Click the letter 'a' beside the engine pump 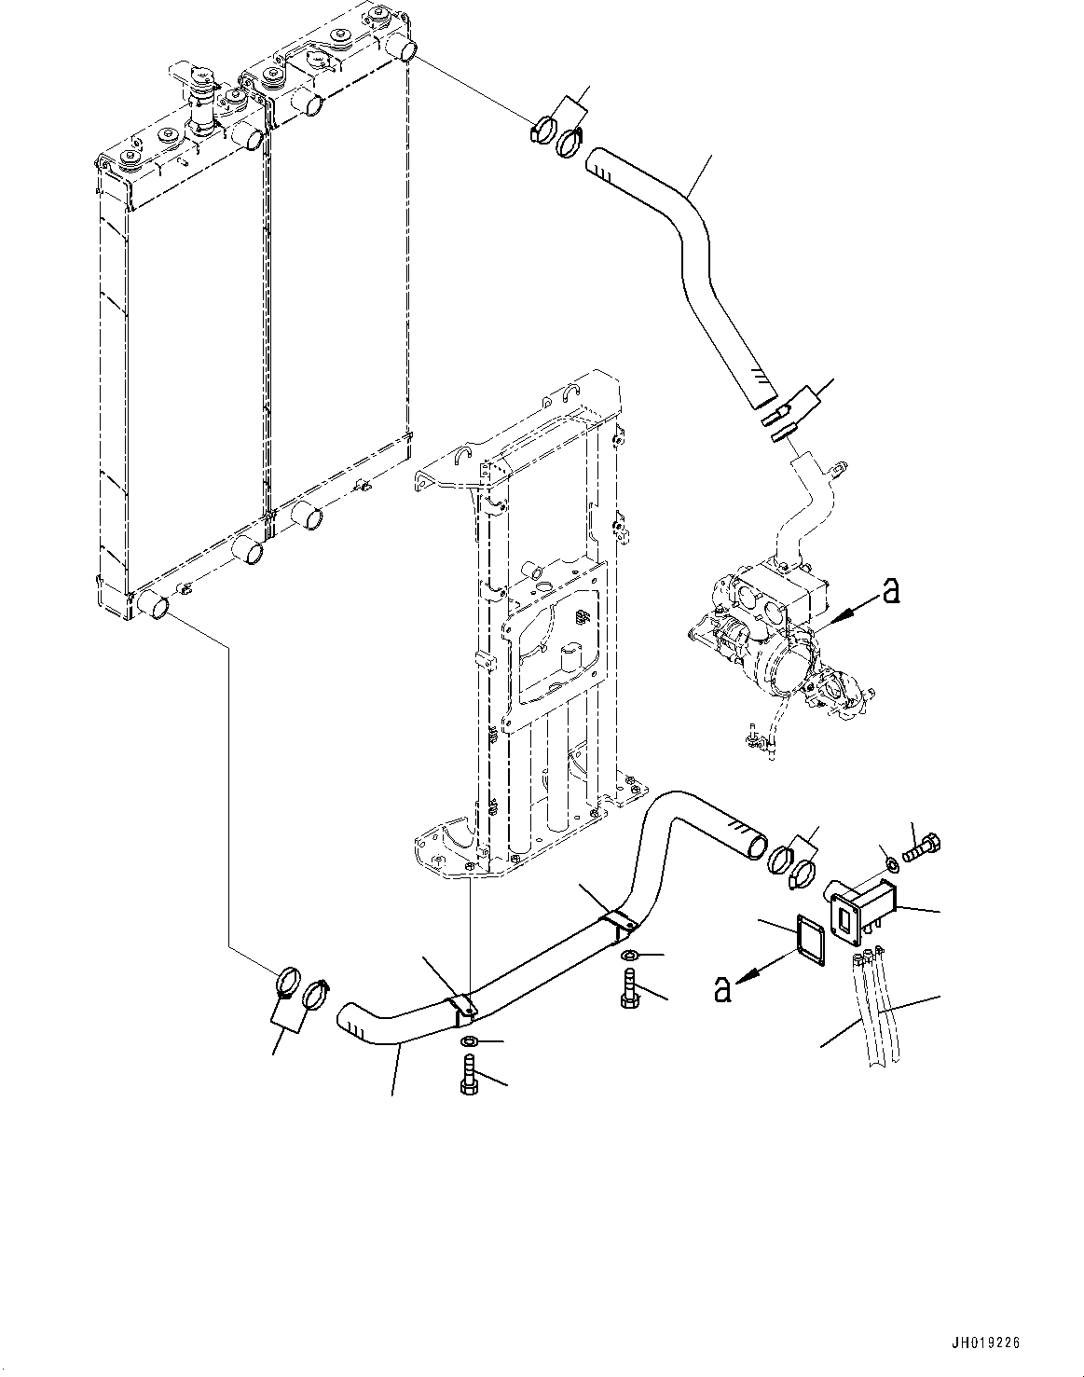(891, 591)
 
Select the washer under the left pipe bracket (469, 1040)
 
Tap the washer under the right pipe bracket (628, 956)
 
